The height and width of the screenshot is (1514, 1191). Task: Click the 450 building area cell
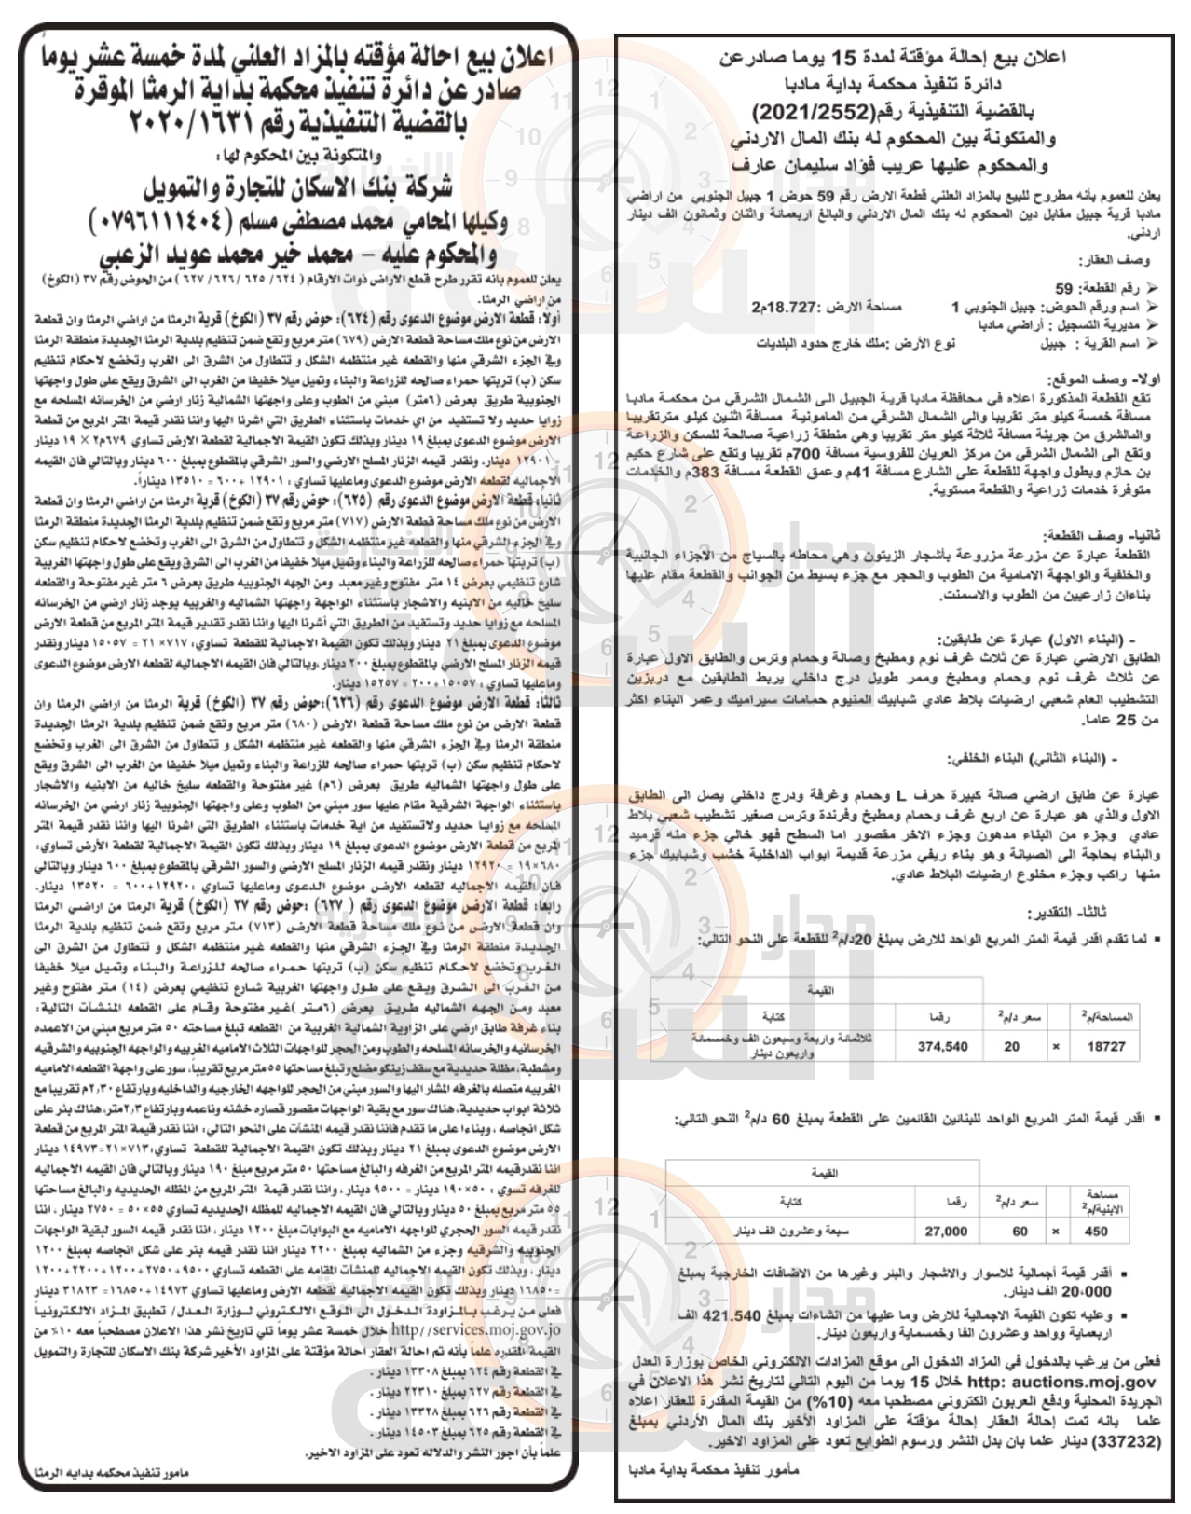(1097, 1231)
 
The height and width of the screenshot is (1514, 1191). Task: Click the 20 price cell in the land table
(1011, 1047)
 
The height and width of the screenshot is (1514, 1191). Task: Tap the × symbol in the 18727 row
(1055, 1047)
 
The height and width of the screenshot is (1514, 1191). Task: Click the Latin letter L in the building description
(901, 796)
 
